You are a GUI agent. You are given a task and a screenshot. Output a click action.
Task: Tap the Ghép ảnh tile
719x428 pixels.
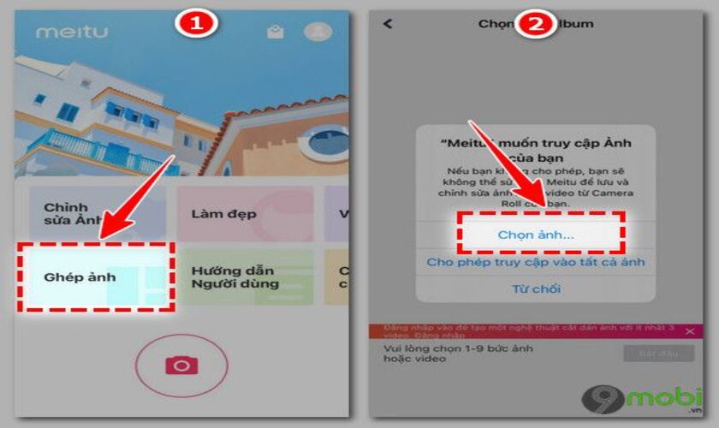(x=96, y=276)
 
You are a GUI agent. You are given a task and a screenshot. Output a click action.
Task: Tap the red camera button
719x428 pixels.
(x=181, y=366)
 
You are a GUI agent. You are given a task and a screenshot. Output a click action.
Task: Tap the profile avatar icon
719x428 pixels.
(x=318, y=32)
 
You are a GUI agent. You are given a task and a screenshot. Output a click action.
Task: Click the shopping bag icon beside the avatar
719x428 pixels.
(x=275, y=33)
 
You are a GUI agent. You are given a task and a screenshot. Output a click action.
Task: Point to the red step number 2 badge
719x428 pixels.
(x=536, y=23)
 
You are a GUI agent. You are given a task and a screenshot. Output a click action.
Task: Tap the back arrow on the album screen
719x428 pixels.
(x=389, y=24)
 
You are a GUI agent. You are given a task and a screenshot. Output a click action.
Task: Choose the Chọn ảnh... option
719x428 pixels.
(x=536, y=234)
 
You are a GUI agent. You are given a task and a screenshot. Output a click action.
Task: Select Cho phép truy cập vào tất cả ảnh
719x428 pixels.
(x=536, y=262)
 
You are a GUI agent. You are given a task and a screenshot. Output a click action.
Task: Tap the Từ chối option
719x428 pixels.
(x=536, y=288)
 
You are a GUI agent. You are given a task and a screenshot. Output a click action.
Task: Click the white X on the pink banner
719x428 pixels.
(x=690, y=331)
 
